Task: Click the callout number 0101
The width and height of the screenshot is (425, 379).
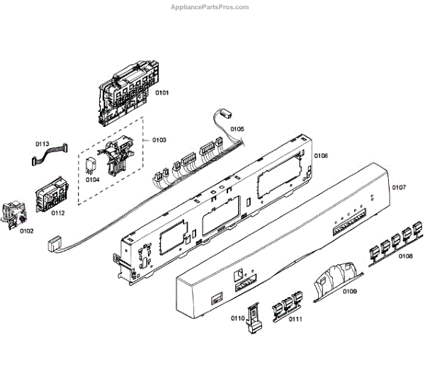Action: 162,93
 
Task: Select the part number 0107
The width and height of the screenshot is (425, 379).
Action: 398,188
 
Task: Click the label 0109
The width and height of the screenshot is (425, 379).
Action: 350,291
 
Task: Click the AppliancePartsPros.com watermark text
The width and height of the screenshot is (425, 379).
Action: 211,7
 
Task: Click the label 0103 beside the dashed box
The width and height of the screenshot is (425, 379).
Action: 159,140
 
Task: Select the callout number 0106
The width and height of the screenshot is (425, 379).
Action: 321,156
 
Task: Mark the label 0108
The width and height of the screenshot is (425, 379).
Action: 406,256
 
